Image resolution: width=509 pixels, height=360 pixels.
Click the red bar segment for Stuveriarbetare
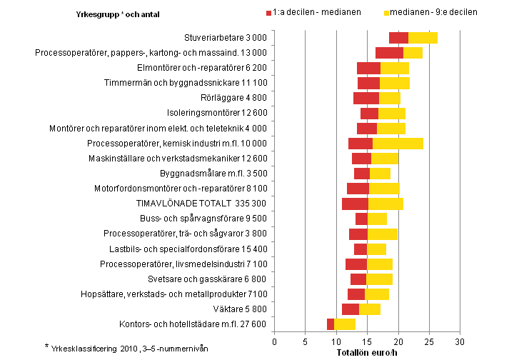pyautogui.click(x=398, y=38)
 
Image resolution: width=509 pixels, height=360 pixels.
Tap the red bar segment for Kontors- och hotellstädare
pyautogui.click(x=331, y=324)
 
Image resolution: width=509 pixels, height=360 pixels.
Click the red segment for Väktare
pyautogui.click(x=350, y=309)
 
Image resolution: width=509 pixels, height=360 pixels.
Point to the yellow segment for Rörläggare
pyautogui.click(x=389, y=98)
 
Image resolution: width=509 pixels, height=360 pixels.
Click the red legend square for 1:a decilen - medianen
pyautogui.click(x=268, y=13)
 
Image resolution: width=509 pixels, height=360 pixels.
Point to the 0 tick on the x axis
pyautogui.click(x=275, y=341)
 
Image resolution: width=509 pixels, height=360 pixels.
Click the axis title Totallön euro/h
pyautogui.click(x=367, y=352)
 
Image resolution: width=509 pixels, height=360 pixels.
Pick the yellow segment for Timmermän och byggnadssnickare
pyautogui.click(x=394, y=83)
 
